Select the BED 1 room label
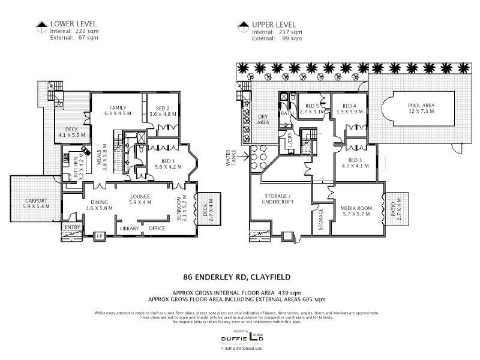click(168, 161)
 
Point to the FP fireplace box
click(100, 236)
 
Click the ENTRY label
click(72, 227)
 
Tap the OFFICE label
click(157, 229)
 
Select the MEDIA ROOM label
click(349, 208)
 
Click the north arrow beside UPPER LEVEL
click(243, 25)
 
